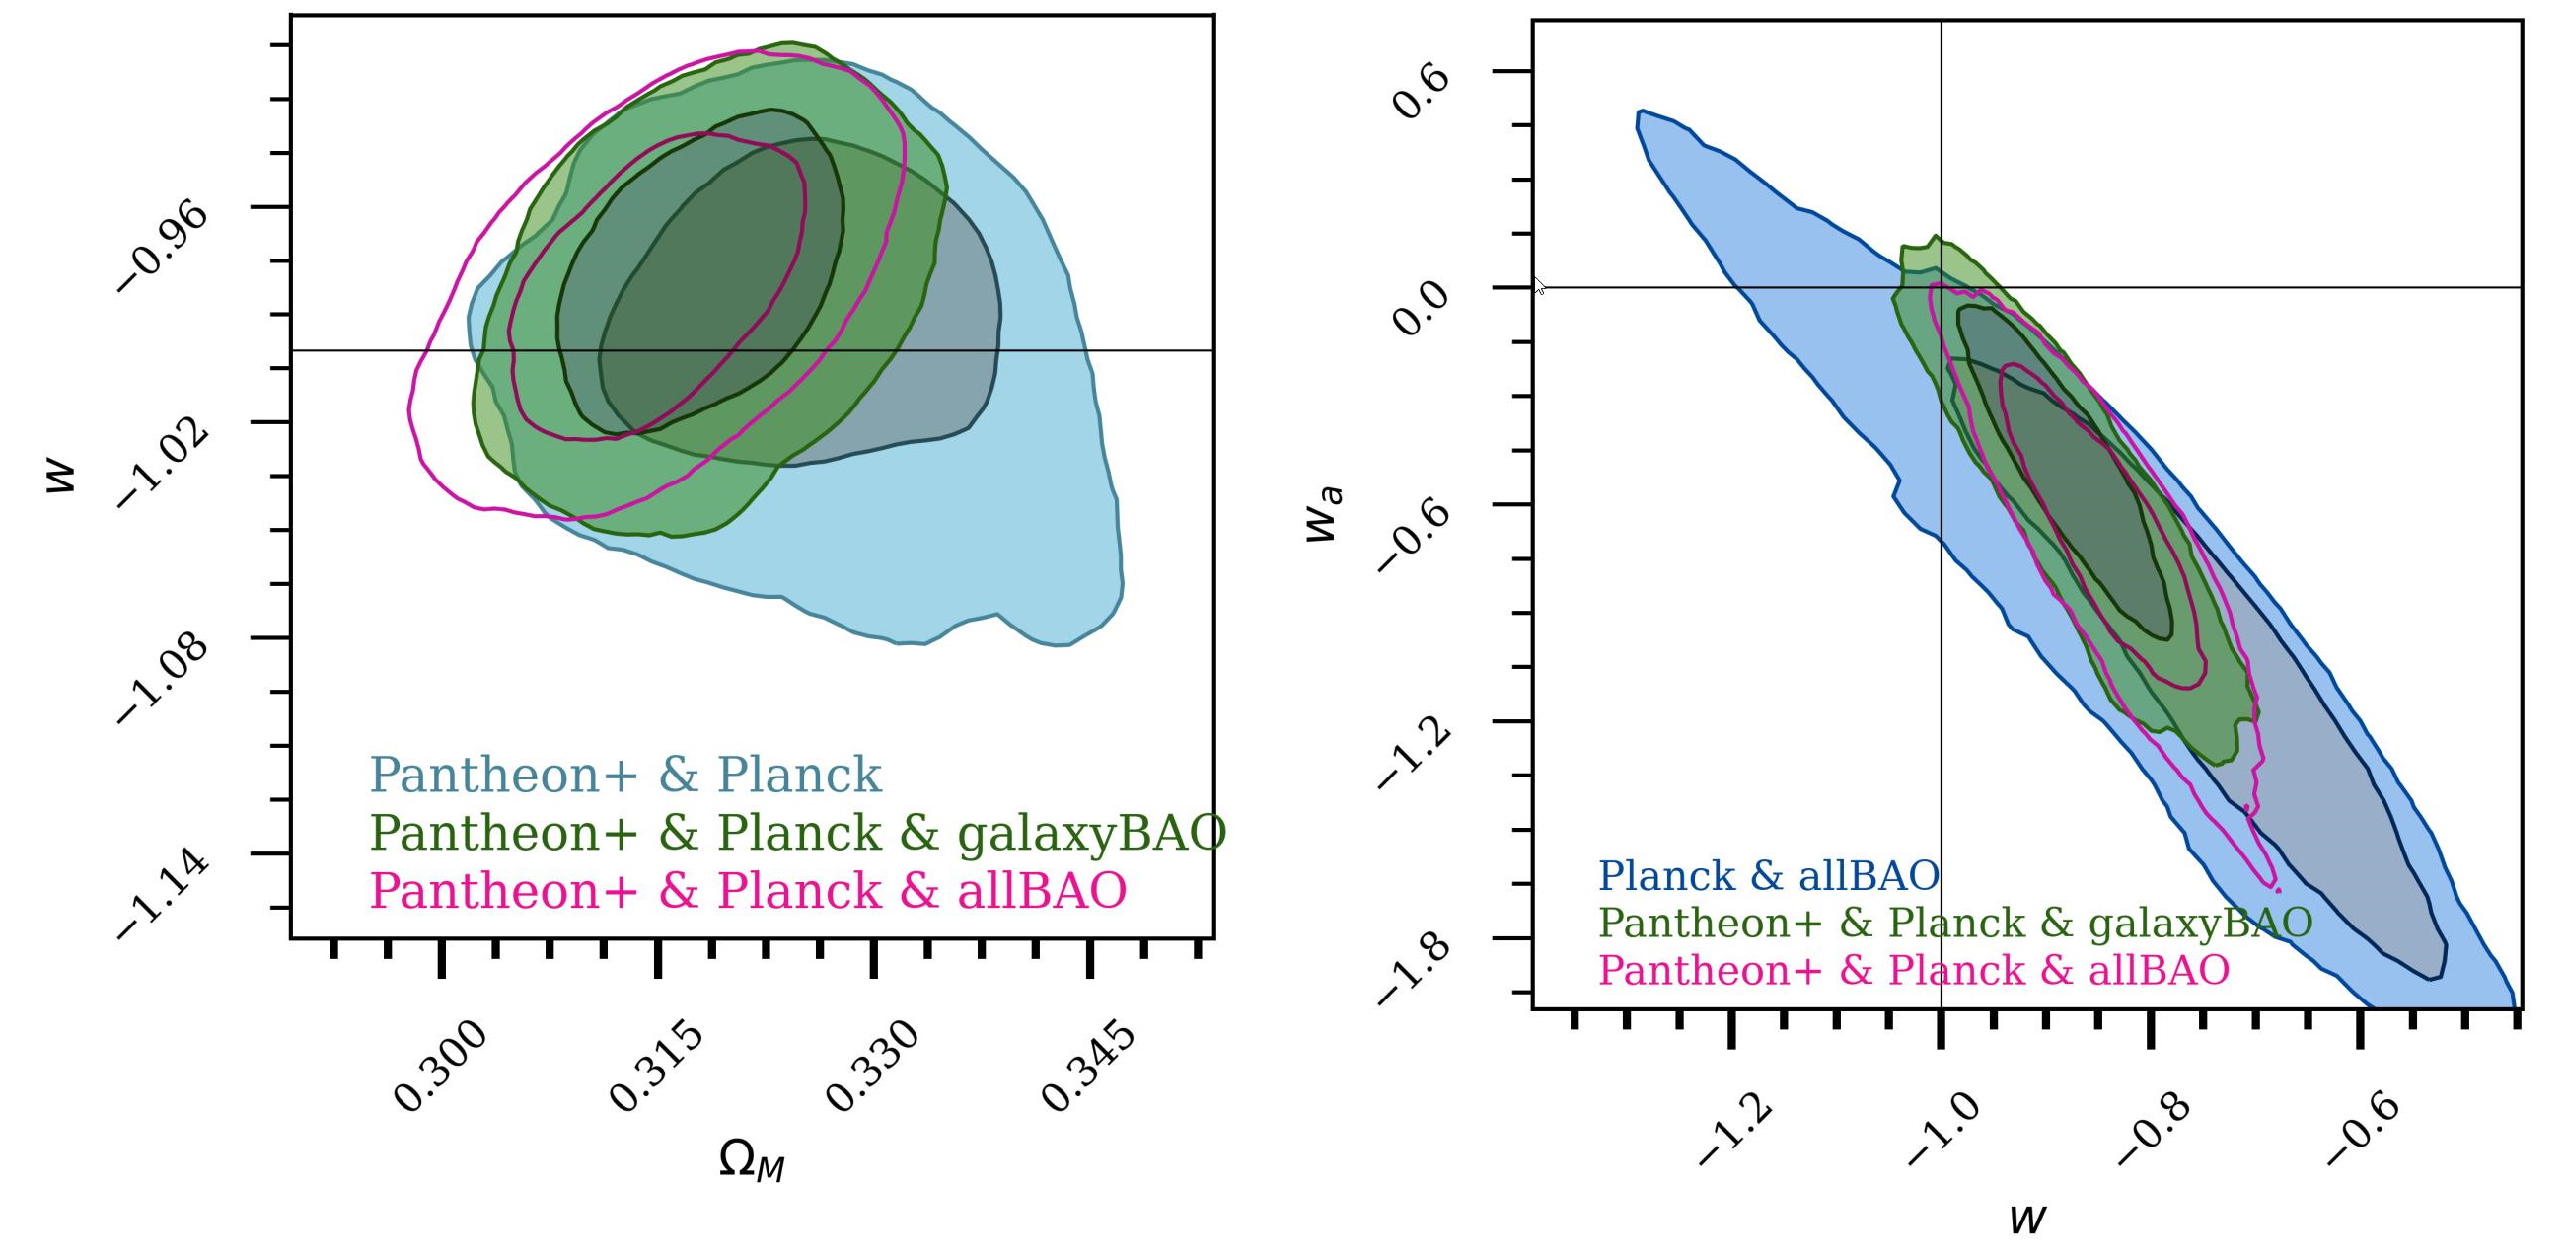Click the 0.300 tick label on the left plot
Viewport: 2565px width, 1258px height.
[x=440, y=1066]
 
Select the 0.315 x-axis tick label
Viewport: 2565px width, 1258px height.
[x=656, y=1066]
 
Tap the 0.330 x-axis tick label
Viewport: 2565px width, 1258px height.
[x=872, y=1066]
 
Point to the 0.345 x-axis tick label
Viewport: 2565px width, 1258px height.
[x=1087, y=1066]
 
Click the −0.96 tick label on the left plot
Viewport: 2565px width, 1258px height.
[x=164, y=248]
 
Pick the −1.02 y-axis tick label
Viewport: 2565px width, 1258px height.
[x=164, y=463]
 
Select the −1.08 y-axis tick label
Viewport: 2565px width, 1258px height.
[x=164, y=679]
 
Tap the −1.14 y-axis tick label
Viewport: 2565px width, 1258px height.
[x=164, y=895]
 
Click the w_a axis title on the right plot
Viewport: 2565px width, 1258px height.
[x=1325, y=514]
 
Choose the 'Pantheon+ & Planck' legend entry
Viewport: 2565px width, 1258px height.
[x=625, y=775]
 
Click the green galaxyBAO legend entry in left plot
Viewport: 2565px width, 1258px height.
[x=796, y=833]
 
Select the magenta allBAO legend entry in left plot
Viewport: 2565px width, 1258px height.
[x=748, y=890]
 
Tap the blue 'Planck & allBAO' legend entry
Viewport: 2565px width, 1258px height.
[x=1769, y=876]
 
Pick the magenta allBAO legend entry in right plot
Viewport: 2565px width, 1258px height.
[x=1913, y=970]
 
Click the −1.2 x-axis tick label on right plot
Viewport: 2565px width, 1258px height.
[x=1733, y=1131]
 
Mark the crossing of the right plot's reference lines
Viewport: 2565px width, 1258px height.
[x=1941, y=288]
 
